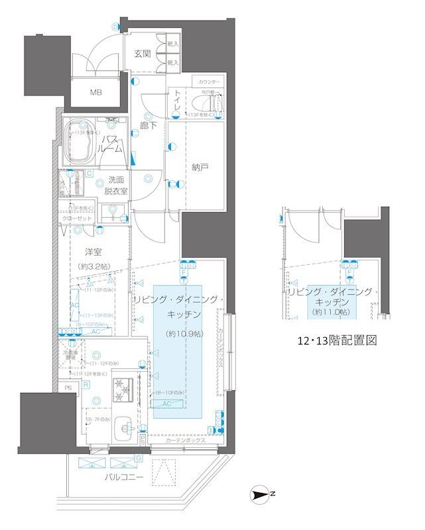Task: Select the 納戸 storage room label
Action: (200, 168)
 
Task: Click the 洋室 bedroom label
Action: (92, 252)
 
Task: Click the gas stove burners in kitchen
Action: (123, 390)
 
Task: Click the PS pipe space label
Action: (68, 388)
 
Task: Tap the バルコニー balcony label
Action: (123, 477)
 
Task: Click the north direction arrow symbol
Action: (261, 494)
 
